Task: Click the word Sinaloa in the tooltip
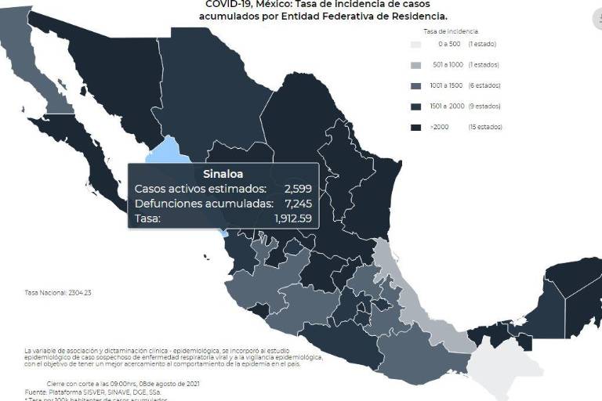223,174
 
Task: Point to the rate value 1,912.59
292,219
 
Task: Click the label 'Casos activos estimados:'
200,189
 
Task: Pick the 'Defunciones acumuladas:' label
203,204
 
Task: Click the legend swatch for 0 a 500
416,45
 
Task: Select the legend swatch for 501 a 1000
416,65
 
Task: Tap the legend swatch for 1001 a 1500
416,85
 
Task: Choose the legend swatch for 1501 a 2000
416,106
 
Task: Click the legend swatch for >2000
416,126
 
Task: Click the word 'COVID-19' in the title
223,3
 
